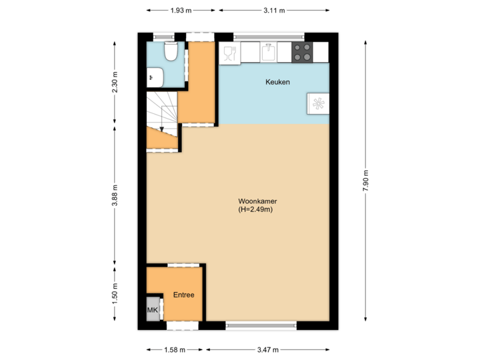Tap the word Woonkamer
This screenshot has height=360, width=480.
click(257, 201)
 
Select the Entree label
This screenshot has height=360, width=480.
click(184, 295)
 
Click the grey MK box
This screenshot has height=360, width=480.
click(153, 311)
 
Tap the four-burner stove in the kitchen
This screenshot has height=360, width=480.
click(302, 53)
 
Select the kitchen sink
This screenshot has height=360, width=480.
click(268, 52)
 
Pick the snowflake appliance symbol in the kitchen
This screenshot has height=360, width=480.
click(318, 103)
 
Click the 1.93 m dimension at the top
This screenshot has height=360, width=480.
click(180, 11)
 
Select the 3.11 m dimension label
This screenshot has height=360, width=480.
click(273, 11)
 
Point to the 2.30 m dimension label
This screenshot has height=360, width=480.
click(115, 83)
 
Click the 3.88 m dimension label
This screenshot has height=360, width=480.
click(115, 195)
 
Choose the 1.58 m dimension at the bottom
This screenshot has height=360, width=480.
click(174, 349)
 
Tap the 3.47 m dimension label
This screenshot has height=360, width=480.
click(267, 349)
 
